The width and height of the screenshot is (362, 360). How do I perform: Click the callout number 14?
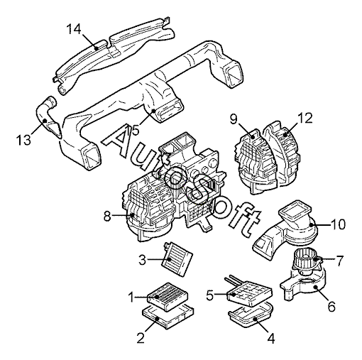tap(74, 30)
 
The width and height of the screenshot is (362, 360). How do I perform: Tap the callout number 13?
tap(23, 140)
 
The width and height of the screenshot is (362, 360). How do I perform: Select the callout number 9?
tap(234, 119)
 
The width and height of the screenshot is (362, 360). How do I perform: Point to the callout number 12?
tap(305, 118)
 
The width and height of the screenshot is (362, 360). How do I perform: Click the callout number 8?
tap(107, 216)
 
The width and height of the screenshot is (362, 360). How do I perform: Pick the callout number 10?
tap(338, 224)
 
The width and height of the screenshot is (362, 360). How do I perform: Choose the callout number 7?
tap(339, 261)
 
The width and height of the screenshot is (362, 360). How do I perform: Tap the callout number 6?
tap(331, 306)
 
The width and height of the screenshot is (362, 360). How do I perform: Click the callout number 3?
tap(143, 260)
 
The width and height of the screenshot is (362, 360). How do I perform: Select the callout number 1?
tap(132, 297)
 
